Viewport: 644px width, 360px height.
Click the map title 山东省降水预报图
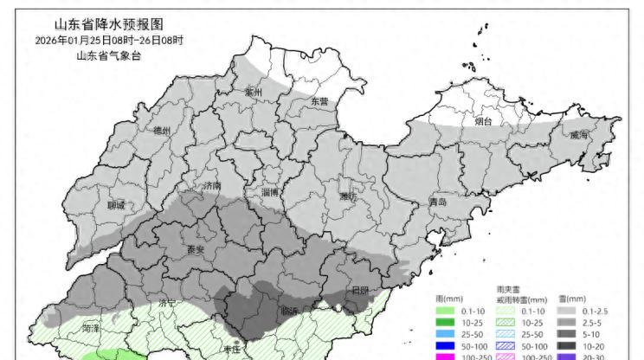point(110,25)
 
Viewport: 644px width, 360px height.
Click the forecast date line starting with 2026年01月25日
point(110,41)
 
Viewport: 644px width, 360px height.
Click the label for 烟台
point(483,122)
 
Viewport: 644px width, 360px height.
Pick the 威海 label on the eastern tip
point(578,135)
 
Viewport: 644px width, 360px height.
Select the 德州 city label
point(161,131)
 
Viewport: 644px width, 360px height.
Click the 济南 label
point(210,186)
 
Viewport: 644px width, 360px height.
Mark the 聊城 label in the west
point(115,205)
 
